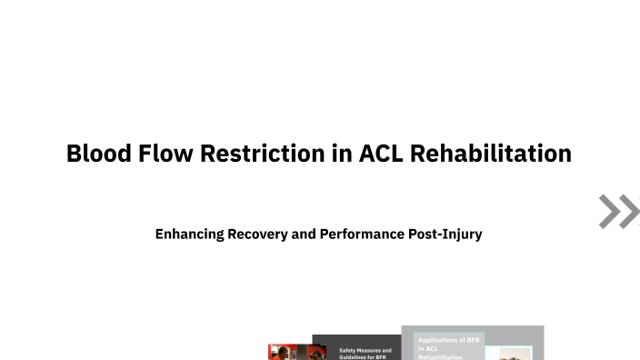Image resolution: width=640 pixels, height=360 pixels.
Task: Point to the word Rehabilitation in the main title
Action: pos(491,154)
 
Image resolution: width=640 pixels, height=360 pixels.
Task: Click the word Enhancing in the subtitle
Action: pos(190,234)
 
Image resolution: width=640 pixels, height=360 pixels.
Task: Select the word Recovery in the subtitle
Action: pos(260,234)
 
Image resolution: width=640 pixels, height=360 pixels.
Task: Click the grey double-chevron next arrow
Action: pos(618,211)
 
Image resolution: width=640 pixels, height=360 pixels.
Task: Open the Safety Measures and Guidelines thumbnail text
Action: pos(365,354)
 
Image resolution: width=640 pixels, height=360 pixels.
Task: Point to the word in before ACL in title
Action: pos(342,154)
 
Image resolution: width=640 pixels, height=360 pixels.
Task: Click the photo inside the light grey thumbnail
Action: pos(515,353)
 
